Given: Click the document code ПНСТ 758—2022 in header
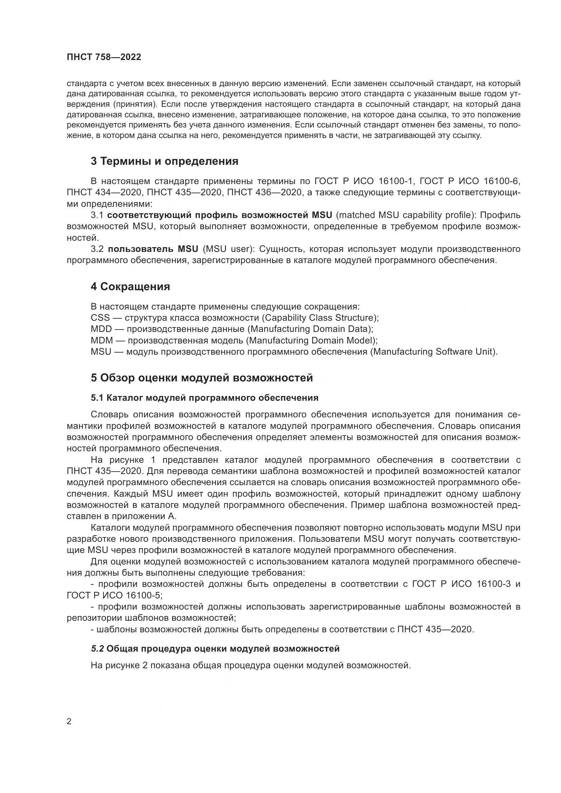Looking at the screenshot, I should pyautogui.click(x=104, y=57).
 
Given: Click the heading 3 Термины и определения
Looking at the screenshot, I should pyautogui.click(x=165, y=161).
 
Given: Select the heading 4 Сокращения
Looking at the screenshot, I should pyautogui.click(x=130, y=287).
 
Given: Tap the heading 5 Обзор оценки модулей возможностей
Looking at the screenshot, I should pyautogui.click(x=202, y=378).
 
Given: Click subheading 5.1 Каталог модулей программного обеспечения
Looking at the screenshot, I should pyautogui.click(x=205, y=398).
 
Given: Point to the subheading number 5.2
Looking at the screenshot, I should pyautogui.click(x=97, y=649).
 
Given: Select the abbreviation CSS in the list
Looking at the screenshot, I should pyautogui.click(x=100, y=318).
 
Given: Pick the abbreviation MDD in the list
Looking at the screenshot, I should pyautogui.click(x=101, y=329).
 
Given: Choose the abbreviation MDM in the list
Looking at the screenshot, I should pyautogui.click(x=101, y=340).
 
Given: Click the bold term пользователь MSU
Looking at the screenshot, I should pyautogui.click(x=153, y=250).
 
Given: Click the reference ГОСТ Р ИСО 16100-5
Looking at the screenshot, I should pyautogui.click(x=114, y=595).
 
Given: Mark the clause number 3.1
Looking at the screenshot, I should pyautogui.click(x=97, y=215).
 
